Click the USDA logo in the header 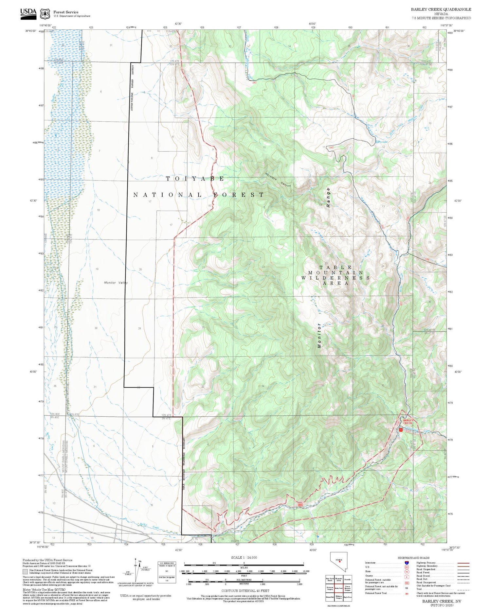coord(28,13)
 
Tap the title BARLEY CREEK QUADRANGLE coord(441,9)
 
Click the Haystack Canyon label coord(278,180)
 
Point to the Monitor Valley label coord(116,283)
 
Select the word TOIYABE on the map coord(195,179)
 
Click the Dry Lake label coord(382,142)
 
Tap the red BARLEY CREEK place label coord(408,422)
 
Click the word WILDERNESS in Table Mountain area coord(335,278)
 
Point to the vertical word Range coord(328,197)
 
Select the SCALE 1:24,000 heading coord(244,557)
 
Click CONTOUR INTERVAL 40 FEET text coord(245,591)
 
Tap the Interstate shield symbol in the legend coord(407,563)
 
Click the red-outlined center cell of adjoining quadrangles coord(339,588)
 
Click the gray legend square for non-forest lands coord(25,572)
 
